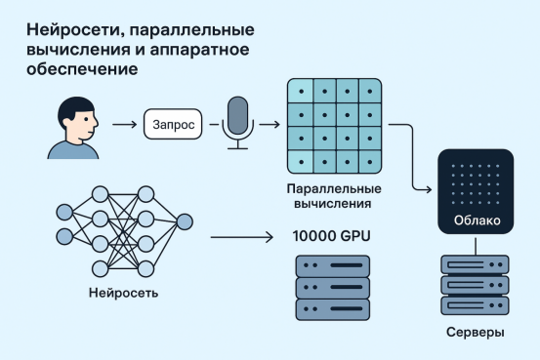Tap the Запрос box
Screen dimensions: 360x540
coord(171,125)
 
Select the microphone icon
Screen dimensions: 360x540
coord(237,122)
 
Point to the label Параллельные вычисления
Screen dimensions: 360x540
coord(334,194)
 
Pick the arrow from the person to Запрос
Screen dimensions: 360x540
coord(123,125)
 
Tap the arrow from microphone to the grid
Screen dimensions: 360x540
coord(270,125)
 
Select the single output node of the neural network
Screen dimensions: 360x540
coord(185,220)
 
